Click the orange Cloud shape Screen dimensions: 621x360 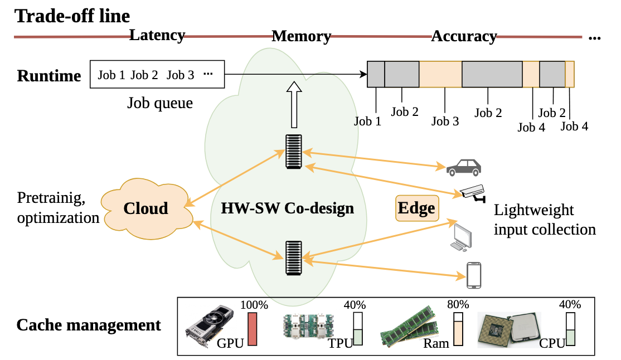(x=147, y=209)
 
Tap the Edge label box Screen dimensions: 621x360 (x=417, y=208)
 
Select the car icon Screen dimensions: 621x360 (x=464, y=168)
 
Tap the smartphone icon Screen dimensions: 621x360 (x=474, y=275)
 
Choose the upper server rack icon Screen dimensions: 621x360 (x=293, y=152)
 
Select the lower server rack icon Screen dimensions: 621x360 (x=293, y=258)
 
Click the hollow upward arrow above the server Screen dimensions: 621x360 (x=294, y=105)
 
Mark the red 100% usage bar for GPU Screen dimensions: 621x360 (x=253, y=329)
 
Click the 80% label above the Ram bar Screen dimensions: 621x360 (x=458, y=305)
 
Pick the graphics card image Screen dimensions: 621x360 (x=210, y=325)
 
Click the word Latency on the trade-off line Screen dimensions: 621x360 (x=157, y=35)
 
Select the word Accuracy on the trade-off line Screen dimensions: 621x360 (x=464, y=36)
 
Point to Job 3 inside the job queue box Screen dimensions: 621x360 (x=180, y=75)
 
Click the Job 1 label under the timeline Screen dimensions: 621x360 (x=367, y=121)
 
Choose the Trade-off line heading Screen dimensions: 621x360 (x=72, y=16)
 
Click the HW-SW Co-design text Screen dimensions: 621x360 (x=288, y=208)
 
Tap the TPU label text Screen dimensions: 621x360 (x=340, y=343)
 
